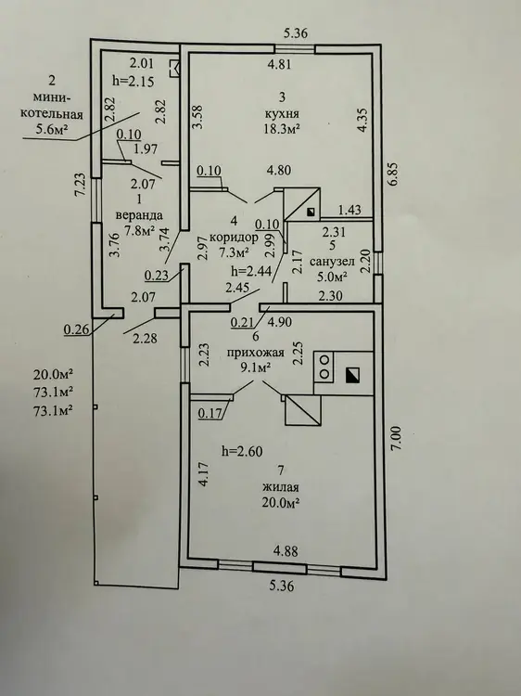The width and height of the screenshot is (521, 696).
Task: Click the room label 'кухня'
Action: (x=282, y=112)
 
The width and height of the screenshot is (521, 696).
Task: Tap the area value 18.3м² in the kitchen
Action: (x=282, y=129)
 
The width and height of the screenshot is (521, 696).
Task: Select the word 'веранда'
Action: (x=139, y=215)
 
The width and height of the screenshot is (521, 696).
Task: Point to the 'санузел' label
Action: (x=332, y=261)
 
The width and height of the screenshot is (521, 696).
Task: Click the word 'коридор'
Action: (x=234, y=237)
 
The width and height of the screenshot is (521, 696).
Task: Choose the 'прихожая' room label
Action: (x=255, y=353)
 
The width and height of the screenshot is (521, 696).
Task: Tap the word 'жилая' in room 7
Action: (x=281, y=487)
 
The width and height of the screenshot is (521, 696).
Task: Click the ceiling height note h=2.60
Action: (x=242, y=451)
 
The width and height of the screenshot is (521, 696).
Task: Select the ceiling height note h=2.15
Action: (x=133, y=82)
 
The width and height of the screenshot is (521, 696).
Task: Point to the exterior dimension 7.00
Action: (x=396, y=439)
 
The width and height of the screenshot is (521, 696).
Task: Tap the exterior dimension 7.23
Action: (x=81, y=184)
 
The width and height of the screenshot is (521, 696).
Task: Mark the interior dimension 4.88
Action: (x=286, y=551)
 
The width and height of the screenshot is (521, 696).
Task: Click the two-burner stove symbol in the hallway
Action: (x=325, y=367)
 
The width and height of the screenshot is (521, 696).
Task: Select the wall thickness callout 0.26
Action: (x=76, y=329)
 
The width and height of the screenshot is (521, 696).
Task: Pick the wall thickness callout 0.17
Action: (x=210, y=413)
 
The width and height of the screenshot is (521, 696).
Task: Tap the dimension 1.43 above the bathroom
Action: (x=349, y=210)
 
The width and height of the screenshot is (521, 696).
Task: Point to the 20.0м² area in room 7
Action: (x=281, y=503)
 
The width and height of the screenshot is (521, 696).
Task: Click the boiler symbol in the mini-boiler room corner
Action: (x=174, y=69)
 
